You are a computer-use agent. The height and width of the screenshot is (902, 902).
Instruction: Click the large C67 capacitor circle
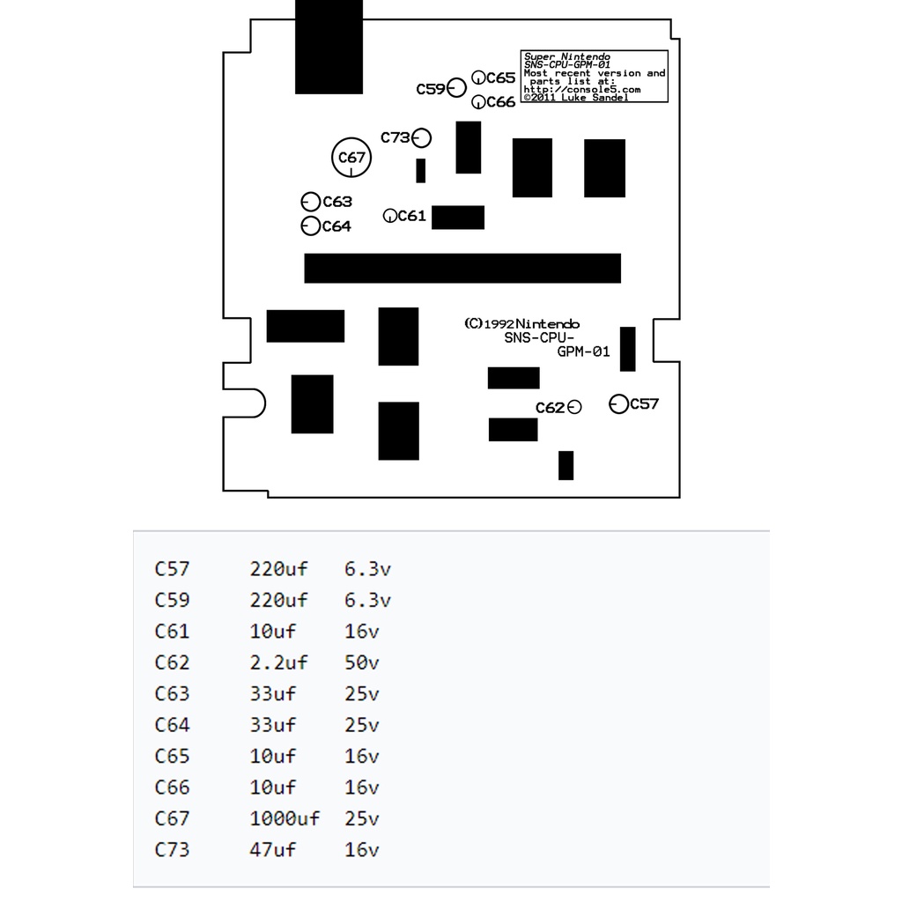351,159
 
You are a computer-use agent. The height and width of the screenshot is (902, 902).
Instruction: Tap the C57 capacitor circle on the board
619,404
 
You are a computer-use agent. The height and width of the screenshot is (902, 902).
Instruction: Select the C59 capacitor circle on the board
456,88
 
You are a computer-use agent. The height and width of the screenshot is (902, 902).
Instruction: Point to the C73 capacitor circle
422,137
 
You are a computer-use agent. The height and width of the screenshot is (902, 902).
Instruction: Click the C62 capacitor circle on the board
574,407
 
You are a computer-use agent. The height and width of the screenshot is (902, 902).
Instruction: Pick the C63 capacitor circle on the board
310,202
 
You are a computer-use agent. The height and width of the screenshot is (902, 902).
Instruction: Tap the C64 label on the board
336,226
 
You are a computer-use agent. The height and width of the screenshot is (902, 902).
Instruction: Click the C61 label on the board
412,216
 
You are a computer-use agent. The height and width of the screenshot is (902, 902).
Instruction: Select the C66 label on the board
500,102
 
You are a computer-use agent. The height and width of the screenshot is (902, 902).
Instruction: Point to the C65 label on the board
500,78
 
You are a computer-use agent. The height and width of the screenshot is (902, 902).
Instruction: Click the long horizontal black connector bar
462,268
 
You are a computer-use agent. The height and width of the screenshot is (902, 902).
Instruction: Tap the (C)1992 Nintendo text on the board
521,323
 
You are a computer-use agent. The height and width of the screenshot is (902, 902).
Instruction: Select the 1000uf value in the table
285,819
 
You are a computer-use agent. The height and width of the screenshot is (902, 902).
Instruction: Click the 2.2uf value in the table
278,662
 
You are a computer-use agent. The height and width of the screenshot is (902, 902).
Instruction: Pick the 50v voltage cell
361,662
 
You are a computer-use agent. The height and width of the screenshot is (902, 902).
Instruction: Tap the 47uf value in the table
273,850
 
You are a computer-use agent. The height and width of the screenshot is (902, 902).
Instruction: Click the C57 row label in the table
172,569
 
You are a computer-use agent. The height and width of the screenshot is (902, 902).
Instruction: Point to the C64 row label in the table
172,725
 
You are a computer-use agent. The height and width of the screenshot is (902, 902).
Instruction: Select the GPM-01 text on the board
583,351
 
